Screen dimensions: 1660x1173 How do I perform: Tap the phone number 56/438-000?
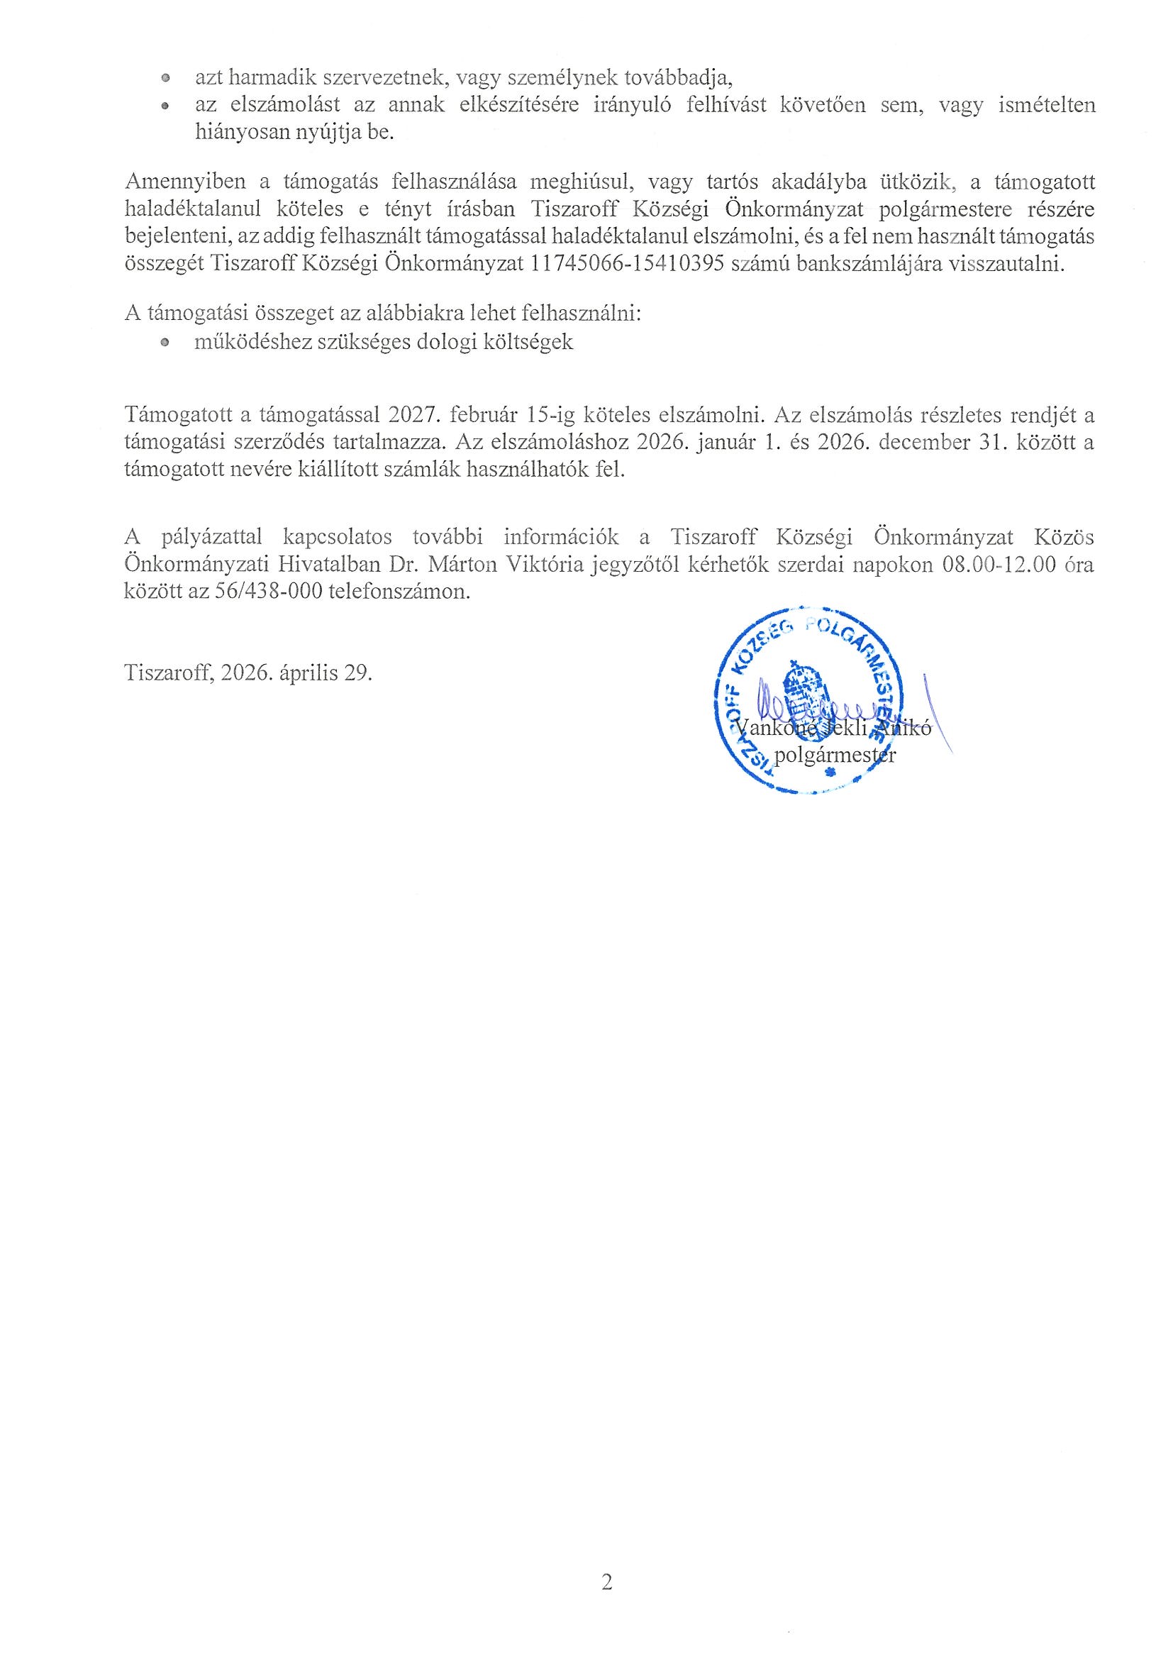[267, 592]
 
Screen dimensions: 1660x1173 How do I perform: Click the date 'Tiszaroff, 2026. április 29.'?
[249, 673]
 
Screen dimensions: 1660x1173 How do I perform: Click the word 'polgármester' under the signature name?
[835, 756]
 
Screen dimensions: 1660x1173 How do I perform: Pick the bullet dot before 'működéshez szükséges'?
[165, 343]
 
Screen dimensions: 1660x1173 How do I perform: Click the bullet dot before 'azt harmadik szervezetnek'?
[165, 77]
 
